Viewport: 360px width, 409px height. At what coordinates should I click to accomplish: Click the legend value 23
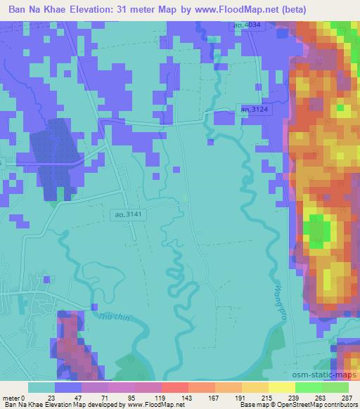[51, 398]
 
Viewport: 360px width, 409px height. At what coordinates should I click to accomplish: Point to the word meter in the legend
[11, 398]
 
